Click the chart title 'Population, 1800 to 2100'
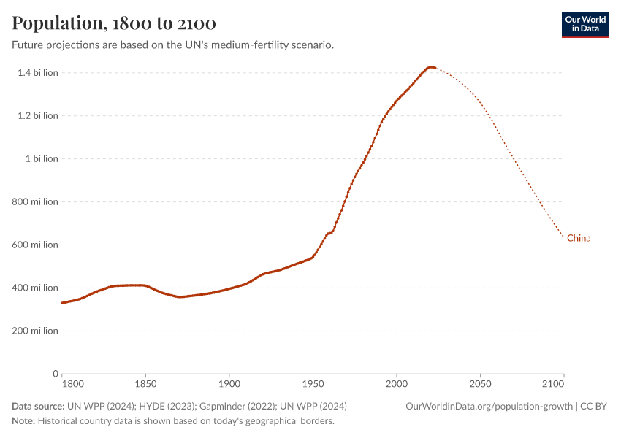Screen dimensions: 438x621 point(114,23)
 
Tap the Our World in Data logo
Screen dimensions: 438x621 point(584,24)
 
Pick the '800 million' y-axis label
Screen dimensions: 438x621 point(34,201)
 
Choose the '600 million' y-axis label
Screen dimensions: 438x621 point(34,245)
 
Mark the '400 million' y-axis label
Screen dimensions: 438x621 point(34,288)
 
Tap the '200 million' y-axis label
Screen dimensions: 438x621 point(34,331)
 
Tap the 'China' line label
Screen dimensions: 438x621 point(579,238)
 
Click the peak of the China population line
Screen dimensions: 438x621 point(431,67)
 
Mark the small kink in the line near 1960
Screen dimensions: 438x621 point(332,232)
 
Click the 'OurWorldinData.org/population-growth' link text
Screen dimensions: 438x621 point(489,406)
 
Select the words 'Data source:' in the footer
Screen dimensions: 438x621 point(37,406)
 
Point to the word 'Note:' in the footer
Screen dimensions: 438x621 point(23,420)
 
